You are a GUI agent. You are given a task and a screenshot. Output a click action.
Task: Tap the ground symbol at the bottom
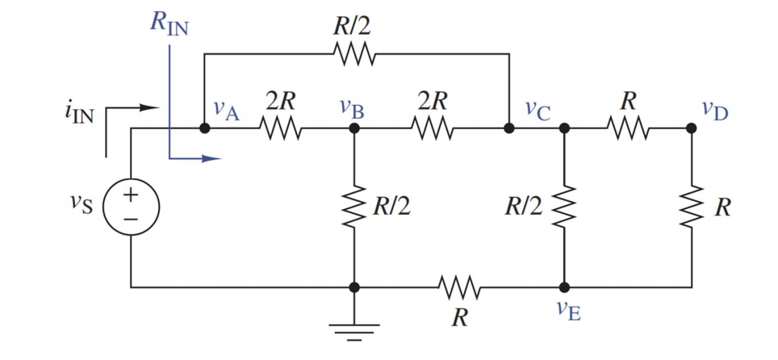[x=354, y=327]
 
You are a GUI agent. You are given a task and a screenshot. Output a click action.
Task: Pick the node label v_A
[x=227, y=109]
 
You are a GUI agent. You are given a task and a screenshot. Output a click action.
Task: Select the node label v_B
[x=352, y=108]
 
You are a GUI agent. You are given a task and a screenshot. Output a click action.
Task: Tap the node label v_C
[x=537, y=109]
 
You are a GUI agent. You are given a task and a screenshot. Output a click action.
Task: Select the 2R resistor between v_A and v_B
[x=279, y=128]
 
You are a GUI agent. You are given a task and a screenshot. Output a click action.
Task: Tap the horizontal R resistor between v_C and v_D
[x=627, y=128]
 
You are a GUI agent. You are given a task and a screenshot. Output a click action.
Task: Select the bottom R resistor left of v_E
[x=459, y=287]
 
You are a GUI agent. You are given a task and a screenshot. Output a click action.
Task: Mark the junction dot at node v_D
[x=691, y=128]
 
